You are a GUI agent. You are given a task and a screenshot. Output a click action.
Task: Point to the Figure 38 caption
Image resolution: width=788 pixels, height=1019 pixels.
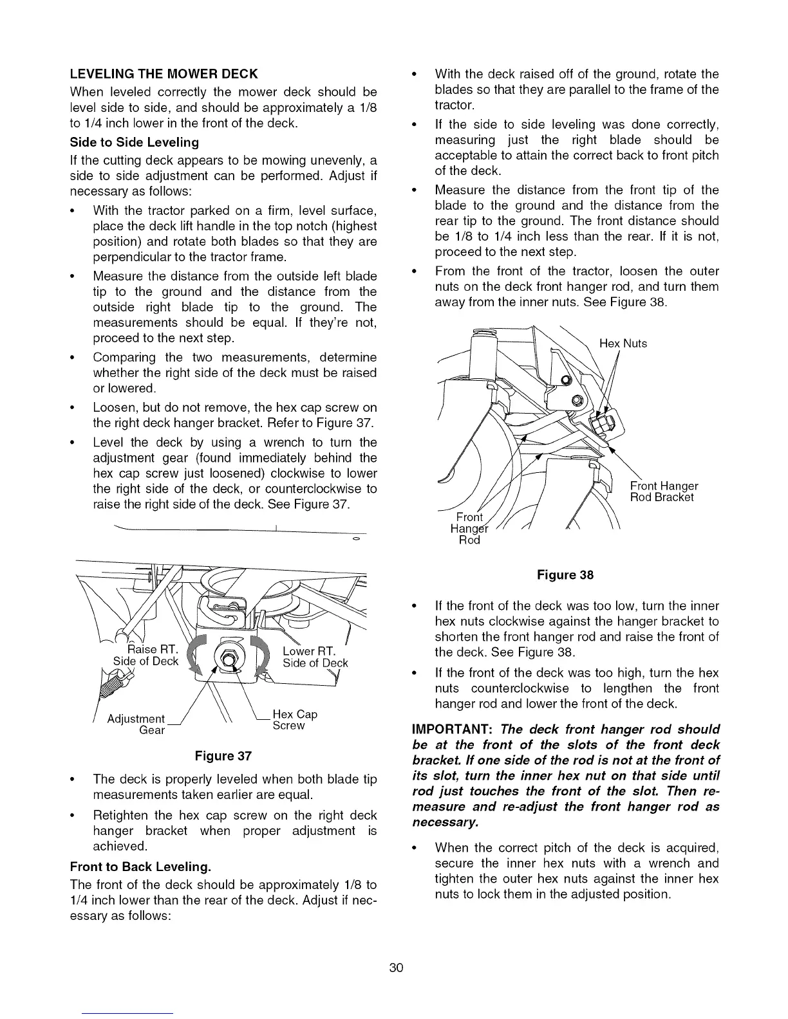coord(565,575)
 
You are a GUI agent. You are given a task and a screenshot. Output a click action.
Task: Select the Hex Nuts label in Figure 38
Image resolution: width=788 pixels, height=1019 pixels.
coord(623,344)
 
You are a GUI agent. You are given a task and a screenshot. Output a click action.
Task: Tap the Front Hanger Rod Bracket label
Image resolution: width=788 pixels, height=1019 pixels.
coord(663,492)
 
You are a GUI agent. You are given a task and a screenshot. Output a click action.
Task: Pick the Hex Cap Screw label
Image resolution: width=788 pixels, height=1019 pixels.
coord(295,720)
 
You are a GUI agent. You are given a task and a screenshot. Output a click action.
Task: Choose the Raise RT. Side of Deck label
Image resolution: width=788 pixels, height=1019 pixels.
coord(147,655)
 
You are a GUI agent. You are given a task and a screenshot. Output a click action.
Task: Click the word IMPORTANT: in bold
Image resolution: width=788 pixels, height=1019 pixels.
coord(452,730)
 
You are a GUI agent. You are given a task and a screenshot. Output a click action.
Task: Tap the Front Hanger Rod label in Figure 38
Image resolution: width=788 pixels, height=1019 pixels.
coord(469,528)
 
